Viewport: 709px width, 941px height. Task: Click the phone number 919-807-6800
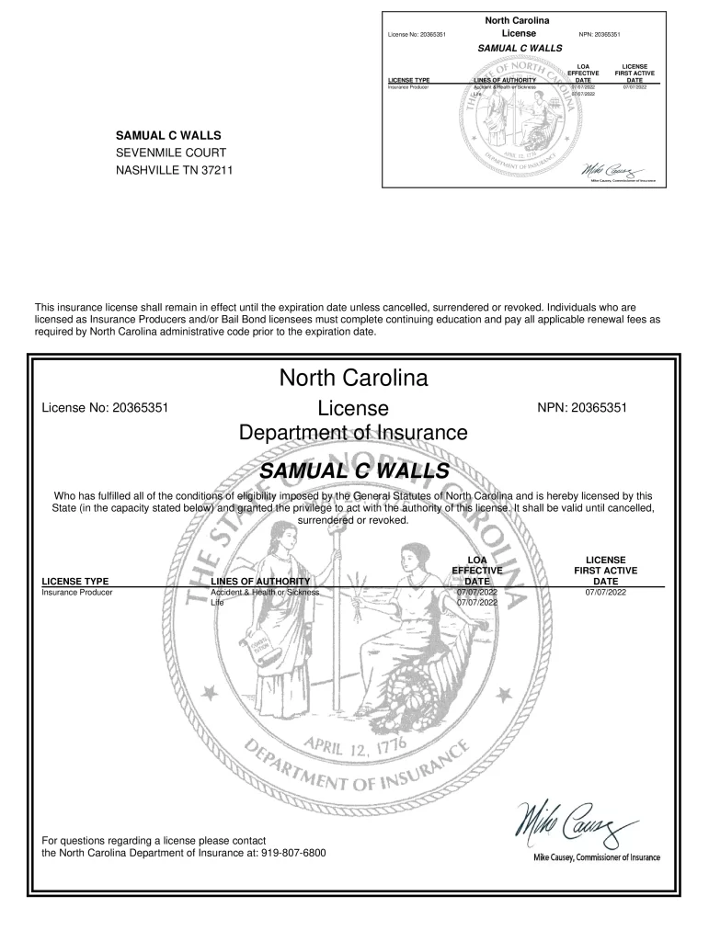(x=293, y=853)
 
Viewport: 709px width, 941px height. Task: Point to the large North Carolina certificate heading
(x=353, y=378)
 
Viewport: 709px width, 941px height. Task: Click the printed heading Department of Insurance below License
(x=353, y=432)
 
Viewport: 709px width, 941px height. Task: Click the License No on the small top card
(x=418, y=35)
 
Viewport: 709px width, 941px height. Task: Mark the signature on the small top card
(x=610, y=171)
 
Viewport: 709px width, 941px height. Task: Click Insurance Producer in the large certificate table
(x=77, y=593)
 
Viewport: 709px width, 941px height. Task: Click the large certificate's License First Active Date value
(x=605, y=593)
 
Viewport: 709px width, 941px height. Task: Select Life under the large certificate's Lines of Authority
(x=217, y=603)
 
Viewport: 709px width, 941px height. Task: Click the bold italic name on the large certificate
(x=355, y=471)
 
